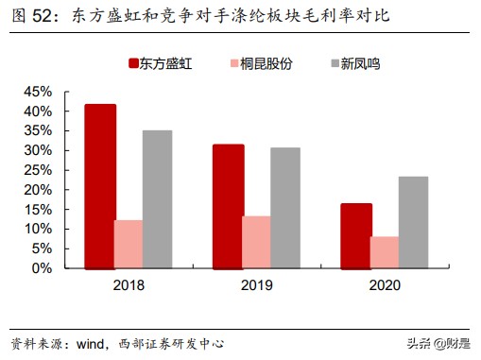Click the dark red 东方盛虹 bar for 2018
pyautogui.click(x=99, y=186)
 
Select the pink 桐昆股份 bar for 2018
pyautogui.click(x=129, y=244)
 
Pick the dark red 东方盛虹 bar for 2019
pyautogui.click(x=228, y=206)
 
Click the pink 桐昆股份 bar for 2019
pyautogui.click(x=257, y=242)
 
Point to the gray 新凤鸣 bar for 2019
pyautogui.click(x=285, y=208)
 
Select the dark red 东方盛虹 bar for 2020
pyautogui.click(x=356, y=235)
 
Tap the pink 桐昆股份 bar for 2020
pyautogui.click(x=385, y=252)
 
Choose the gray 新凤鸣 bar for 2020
pyautogui.click(x=413, y=222)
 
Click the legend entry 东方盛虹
pyautogui.click(x=166, y=64)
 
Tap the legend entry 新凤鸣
pyautogui.click(x=349, y=64)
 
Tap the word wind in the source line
pyautogui.click(x=93, y=342)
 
